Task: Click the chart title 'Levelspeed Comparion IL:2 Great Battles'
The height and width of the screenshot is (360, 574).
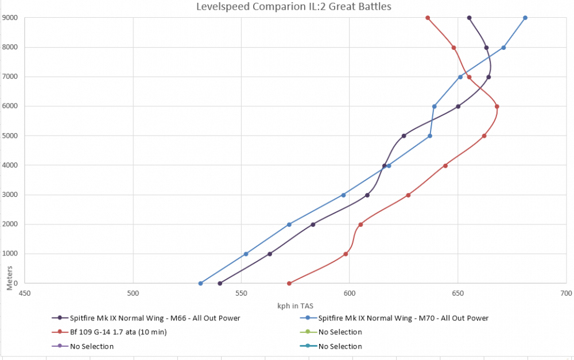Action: tap(294, 7)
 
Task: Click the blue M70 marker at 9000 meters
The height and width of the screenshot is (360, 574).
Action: tap(525, 18)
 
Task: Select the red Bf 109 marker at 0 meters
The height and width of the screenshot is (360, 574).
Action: tap(289, 283)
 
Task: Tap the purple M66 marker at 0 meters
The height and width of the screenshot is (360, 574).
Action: tap(220, 283)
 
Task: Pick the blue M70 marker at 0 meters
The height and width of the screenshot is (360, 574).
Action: tap(200, 283)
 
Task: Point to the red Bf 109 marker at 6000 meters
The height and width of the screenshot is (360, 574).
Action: tap(497, 106)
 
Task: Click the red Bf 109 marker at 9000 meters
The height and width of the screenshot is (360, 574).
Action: tap(428, 18)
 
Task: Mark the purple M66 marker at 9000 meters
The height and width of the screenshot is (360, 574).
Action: tap(469, 18)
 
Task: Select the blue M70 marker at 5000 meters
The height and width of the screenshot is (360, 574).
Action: tap(430, 136)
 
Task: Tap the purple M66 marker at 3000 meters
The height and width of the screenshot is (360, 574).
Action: tap(367, 195)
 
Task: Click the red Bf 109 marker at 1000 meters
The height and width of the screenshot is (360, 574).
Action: tap(346, 254)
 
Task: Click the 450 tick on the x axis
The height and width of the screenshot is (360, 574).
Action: tap(25, 293)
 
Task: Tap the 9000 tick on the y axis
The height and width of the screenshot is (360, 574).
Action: tap(10, 18)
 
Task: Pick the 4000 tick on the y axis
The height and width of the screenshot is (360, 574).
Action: tap(10, 165)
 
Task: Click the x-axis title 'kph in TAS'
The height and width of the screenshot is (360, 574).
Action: tap(294, 304)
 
